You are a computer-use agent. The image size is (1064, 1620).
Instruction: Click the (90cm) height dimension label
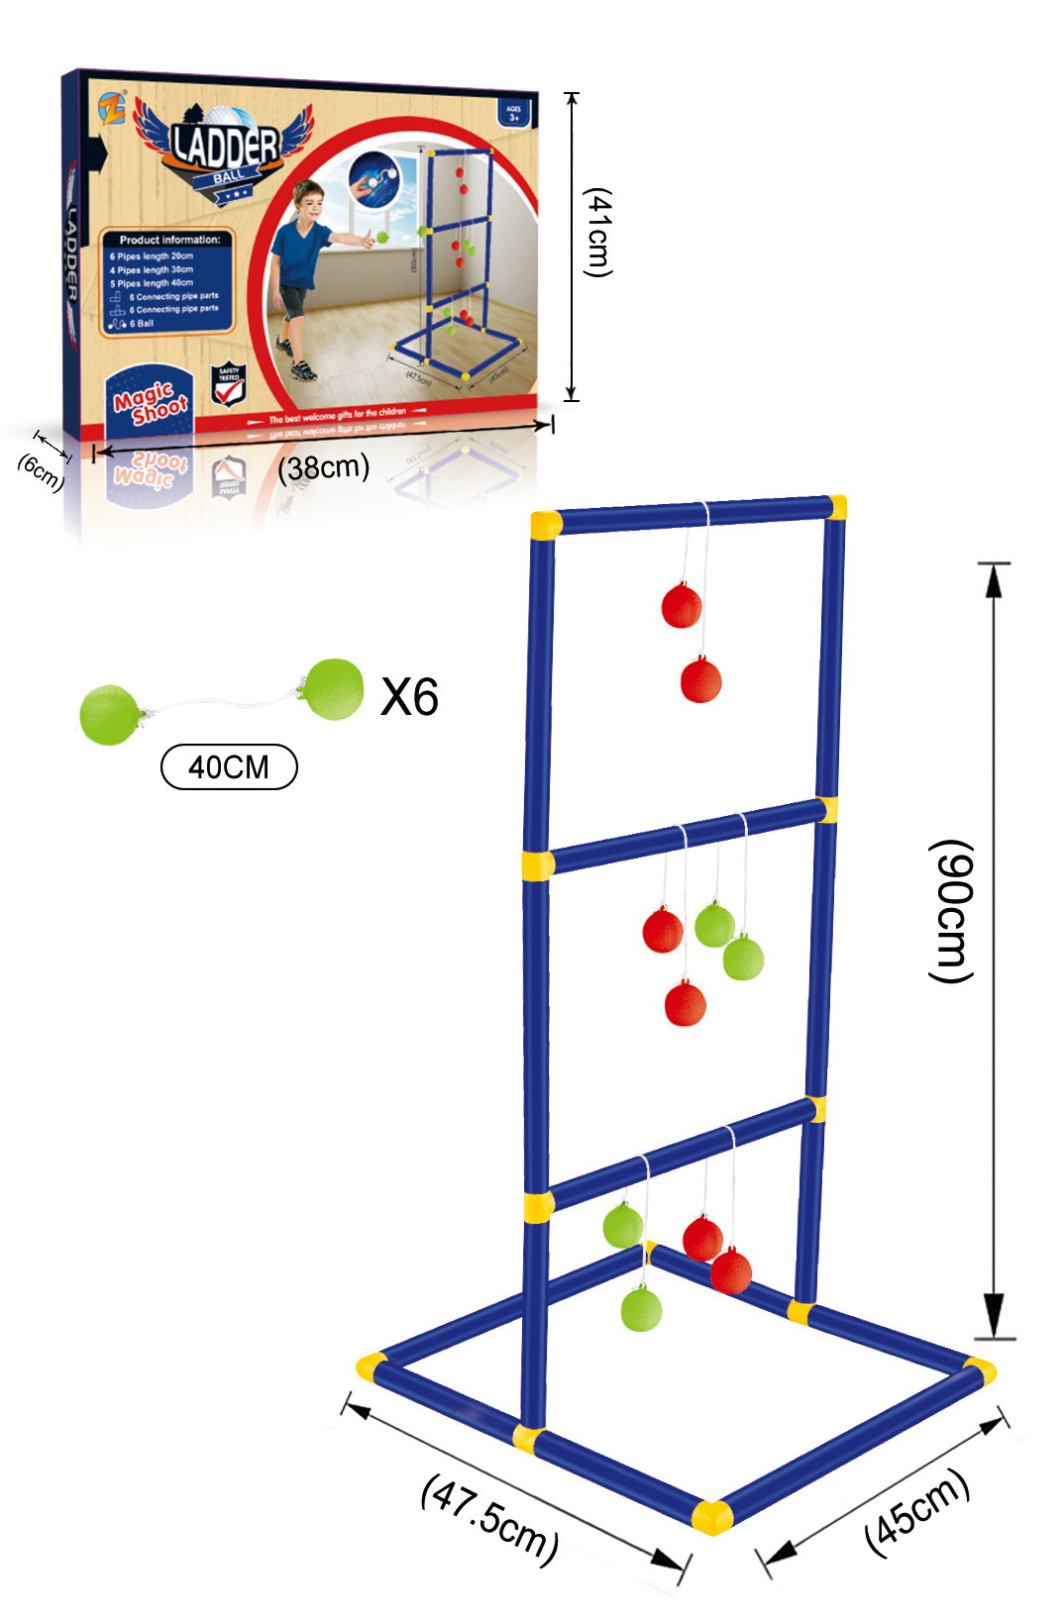tap(952, 911)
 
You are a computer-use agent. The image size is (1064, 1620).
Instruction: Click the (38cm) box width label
tap(323, 466)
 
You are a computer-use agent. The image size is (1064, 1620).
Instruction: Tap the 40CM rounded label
tap(229, 766)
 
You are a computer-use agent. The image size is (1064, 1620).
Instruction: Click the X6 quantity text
tap(409, 697)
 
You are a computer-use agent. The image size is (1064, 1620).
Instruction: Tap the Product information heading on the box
tap(169, 240)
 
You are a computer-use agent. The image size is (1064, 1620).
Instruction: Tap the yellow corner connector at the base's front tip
tap(711, 1516)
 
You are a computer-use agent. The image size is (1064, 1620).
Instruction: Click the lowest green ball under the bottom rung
tap(641, 1309)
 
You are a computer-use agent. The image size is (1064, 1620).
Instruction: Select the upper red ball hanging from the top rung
tap(682, 606)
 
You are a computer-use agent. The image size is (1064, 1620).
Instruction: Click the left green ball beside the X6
tap(109, 714)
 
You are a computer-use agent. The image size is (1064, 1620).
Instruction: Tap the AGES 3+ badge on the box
tap(513, 113)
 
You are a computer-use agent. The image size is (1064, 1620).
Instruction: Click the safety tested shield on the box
tap(229, 385)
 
